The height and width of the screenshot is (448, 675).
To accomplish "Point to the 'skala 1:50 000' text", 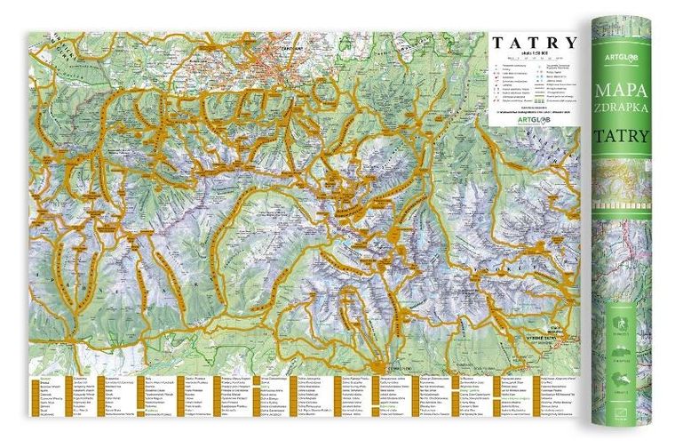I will pos(529,55).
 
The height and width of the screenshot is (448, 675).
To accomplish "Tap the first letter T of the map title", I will pos(497,42).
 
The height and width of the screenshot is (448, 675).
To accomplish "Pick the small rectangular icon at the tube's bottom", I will pos(622,411).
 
